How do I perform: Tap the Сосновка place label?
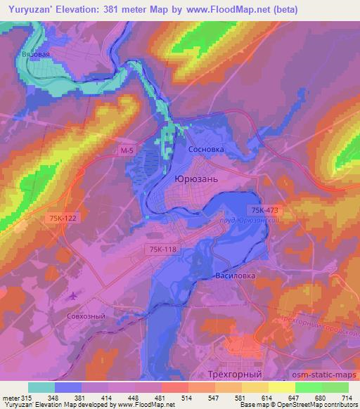[205, 150]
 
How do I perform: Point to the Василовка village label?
[235, 275]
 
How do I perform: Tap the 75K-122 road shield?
[63, 219]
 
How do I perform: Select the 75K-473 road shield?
[264, 210]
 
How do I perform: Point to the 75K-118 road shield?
[161, 249]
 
